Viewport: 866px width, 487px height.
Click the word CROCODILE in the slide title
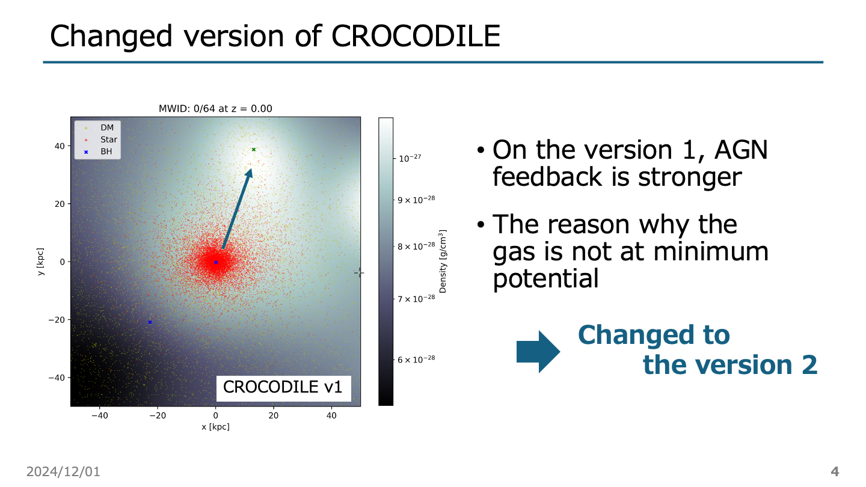416,36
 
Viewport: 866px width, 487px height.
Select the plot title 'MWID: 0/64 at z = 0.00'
215,109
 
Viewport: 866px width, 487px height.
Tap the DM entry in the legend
107,127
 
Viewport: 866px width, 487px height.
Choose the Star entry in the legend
108,139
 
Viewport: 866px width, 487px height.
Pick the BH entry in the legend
106,152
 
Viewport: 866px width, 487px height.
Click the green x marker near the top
254,150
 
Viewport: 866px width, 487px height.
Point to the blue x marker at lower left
150,322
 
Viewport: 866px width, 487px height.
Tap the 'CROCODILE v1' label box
283,387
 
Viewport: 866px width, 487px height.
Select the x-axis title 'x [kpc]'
215,426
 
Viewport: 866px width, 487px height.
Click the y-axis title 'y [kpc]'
40,262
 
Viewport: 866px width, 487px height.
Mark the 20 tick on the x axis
273,415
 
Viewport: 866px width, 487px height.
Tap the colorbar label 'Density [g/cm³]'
443,261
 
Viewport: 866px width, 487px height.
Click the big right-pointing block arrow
538,351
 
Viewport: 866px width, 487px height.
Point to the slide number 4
835,471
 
